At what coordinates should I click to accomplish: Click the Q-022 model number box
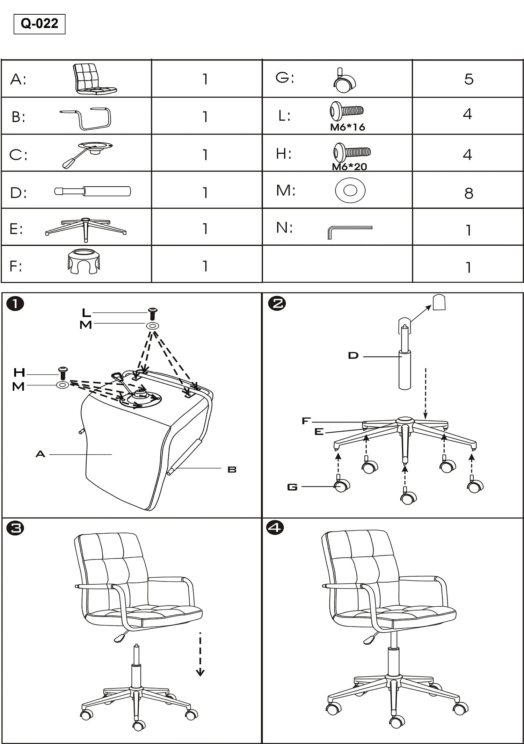tap(39, 24)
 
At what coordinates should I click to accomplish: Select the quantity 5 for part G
tap(468, 79)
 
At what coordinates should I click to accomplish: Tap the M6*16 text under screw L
tap(348, 127)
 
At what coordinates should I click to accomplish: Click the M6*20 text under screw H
tap(349, 167)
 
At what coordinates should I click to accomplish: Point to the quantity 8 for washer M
tap(468, 193)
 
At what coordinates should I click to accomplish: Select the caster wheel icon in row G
tap(344, 81)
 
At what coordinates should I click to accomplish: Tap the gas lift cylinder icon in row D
tap(93, 191)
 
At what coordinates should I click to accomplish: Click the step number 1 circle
tap(15, 303)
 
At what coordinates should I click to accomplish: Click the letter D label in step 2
tap(353, 356)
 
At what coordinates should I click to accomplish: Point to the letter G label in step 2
tap(292, 487)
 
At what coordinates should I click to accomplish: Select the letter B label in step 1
tap(232, 470)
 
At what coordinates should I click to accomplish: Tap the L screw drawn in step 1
tap(153, 313)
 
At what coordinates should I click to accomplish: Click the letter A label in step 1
tap(41, 454)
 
